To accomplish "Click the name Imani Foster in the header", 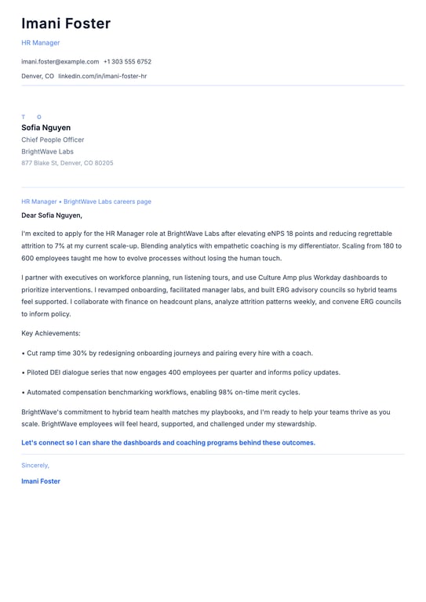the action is pyautogui.click(x=66, y=24).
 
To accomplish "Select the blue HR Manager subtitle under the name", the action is pyautogui.click(x=40, y=42).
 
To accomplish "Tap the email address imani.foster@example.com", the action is pyautogui.click(x=60, y=61).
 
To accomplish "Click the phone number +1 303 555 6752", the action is pyautogui.click(x=127, y=61).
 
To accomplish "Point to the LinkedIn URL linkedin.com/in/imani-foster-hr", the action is pyautogui.click(x=102, y=76).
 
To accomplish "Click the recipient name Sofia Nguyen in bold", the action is pyautogui.click(x=46, y=128).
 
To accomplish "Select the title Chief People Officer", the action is pyautogui.click(x=53, y=140).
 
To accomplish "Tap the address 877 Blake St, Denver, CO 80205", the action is pyautogui.click(x=67, y=163).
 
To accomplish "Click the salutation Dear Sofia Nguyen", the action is pyautogui.click(x=52, y=215).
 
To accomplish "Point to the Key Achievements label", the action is pyautogui.click(x=51, y=333).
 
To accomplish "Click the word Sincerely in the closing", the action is pyautogui.click(x=35, y=465).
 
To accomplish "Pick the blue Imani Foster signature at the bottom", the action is pyautogui.click(x=41, y=481).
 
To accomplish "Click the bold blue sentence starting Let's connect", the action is pyautogui.click(x=168, y=442).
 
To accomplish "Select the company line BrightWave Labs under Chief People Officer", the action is pyautogui.click(x=47, y=151).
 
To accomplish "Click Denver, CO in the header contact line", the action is pyautogui.click(x=38, y=76).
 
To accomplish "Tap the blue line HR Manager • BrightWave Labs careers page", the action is pyautogui.click(x=86, y=201).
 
